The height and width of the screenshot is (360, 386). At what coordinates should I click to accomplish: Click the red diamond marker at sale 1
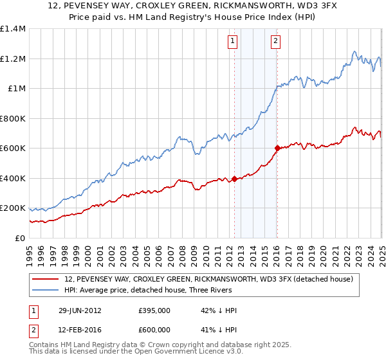coord(234,179)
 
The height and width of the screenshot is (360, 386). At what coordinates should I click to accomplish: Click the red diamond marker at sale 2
coord(277,148)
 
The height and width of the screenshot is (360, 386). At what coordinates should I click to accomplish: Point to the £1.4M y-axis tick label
coord(13,29)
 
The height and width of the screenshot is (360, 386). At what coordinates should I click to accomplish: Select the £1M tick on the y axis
coord(16,89)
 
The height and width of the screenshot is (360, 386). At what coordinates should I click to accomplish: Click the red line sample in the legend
coord(46,280)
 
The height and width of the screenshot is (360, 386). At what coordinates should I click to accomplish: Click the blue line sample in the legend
coord(46,290)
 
